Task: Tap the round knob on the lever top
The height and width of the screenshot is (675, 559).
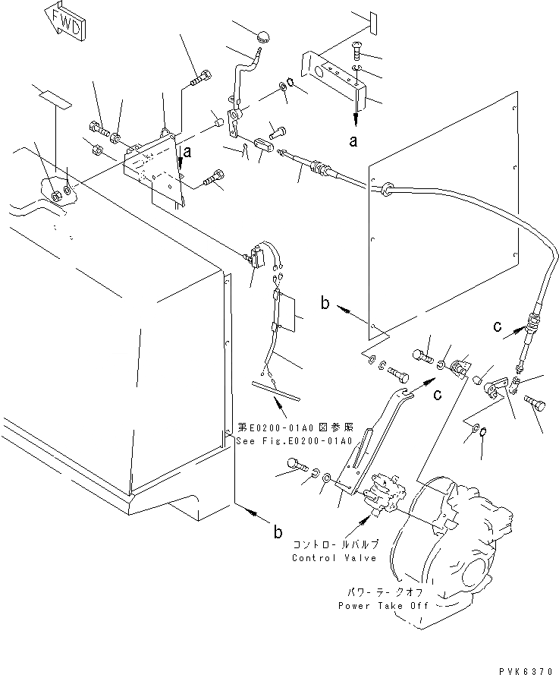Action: click(263, 34)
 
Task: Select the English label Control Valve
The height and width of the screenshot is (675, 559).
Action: click(334, 558)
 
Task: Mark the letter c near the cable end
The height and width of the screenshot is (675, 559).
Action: click(497, 326)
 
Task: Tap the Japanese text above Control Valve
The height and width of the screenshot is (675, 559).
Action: click(334, 546)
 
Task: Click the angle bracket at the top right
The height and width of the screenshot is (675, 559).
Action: click(334, 73)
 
